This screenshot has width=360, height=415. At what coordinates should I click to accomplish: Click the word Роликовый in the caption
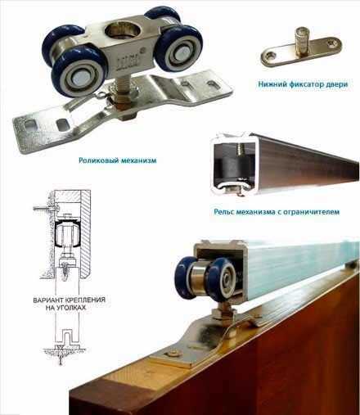coord(96,160)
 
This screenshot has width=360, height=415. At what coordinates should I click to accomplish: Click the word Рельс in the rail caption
coord(223,212)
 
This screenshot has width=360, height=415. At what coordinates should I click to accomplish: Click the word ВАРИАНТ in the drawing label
coord(46,300)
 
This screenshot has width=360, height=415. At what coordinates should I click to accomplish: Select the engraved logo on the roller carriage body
coord(128,61)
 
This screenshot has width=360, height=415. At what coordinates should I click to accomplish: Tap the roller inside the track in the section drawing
coord(65,233)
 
